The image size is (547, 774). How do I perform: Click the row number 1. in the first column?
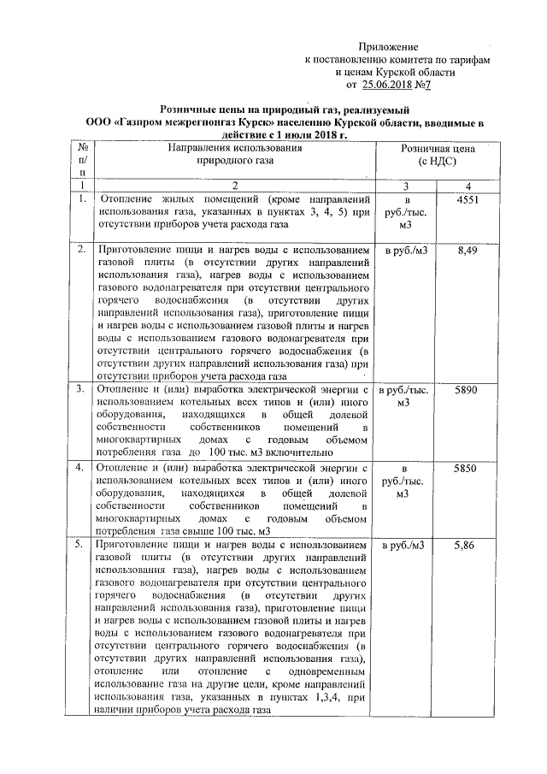[82, 199]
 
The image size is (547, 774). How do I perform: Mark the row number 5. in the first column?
[82, 545]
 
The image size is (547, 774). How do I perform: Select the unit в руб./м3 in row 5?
[406, 546]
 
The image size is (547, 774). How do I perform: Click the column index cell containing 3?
[406, 186]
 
